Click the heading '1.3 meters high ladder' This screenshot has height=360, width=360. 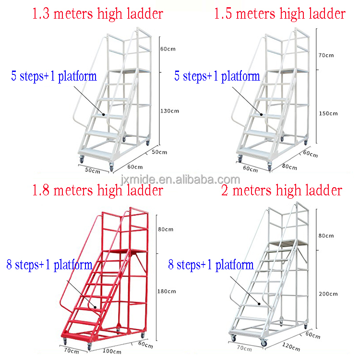coord(97,13)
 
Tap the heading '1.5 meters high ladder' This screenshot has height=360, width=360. coord(279,13)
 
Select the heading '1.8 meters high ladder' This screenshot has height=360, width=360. coord(97,191)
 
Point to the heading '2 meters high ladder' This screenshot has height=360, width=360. coord(282,191)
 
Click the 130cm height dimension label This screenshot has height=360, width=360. coord(169,111)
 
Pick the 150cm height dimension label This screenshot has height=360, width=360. coord(328,113)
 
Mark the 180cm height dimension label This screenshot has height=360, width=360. coord(167,291)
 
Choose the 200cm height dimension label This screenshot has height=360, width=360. coord(328,294)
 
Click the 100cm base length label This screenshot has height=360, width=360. coord(112,351)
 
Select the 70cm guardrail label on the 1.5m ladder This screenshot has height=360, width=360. coord(326,55)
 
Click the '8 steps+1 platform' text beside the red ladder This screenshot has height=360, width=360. coord(49,264)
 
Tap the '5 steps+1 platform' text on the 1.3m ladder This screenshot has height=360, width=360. coord(54,76)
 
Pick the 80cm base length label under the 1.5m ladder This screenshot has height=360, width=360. coord(289,167)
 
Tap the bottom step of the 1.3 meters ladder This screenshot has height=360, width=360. coord(99,153)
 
